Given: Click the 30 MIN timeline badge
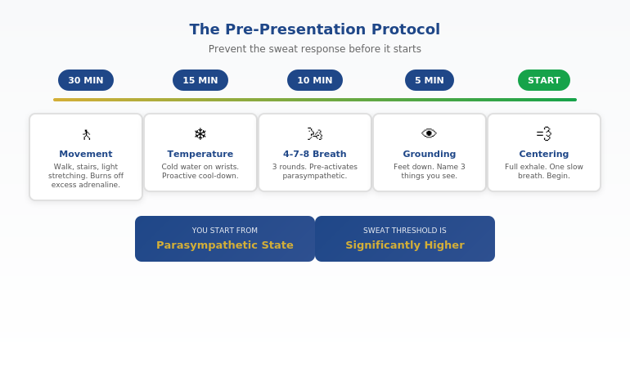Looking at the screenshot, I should coord(86,80).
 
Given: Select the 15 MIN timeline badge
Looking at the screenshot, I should coord(200,80).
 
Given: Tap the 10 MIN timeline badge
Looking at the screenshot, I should coord(315,80).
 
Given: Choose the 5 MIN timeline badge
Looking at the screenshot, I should coord(430,80).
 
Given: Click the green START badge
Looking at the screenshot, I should coord(544,80).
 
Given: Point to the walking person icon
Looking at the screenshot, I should coord(86,134).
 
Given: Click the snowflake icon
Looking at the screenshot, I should coord(200,134).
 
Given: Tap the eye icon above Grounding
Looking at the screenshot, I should coord(430,134).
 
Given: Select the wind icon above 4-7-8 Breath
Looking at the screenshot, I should coord(315,134).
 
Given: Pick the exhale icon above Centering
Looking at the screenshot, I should coord(544,134).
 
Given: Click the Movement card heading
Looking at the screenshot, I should coord(86,154).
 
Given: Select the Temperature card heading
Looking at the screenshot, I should coord(200,154).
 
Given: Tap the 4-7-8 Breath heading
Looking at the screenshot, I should coord(315,154).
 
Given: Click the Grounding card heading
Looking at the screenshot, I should coord(430,154).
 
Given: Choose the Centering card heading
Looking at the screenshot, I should coord(544,154).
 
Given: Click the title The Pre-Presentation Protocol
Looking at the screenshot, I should coord(315,29).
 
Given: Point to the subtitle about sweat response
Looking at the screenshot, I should coord(315,49).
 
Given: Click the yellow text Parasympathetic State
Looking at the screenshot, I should coord(225,245).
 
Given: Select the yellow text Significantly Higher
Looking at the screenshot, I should coord(405,245).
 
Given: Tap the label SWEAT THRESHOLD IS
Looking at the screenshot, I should coord(405,231).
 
